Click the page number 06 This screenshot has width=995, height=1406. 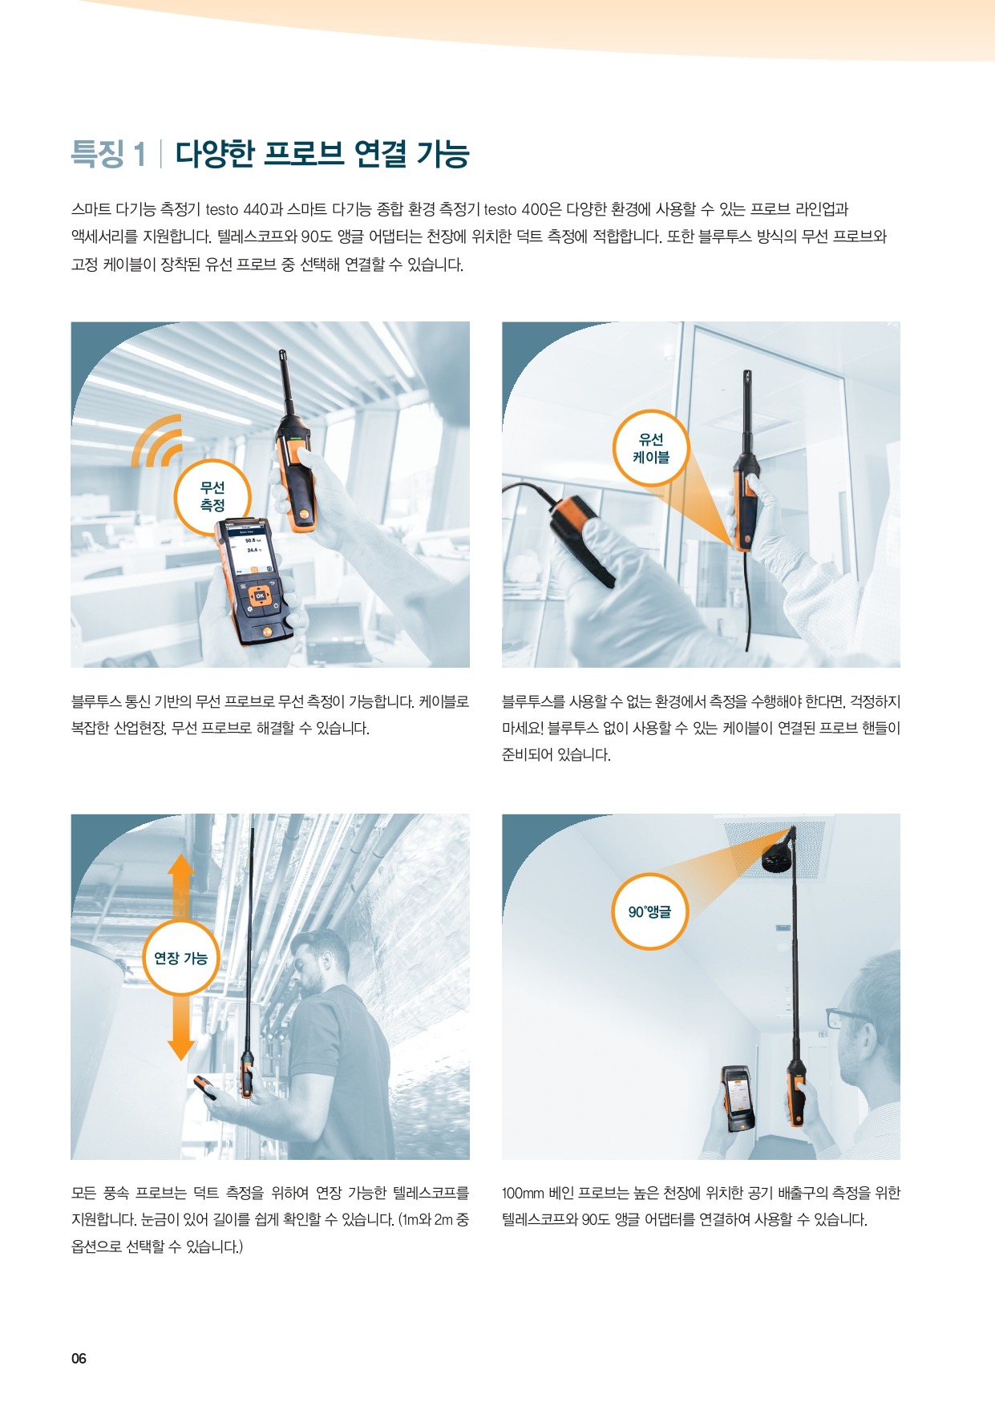pos(79,1358)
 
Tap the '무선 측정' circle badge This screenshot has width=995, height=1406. pos(212,497)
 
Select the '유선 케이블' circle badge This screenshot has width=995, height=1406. pos(651,448)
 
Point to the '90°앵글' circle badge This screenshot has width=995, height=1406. pos(649,911)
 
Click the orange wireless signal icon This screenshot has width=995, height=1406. pos(157,441)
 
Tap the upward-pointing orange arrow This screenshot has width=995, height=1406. pos(181,887)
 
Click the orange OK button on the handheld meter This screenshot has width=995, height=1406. pos(259,596)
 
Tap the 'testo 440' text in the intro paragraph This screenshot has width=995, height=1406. pos(237,210)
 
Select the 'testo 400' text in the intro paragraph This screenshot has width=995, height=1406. pos(516,210)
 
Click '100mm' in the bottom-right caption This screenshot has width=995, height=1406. pos(523,1194)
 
